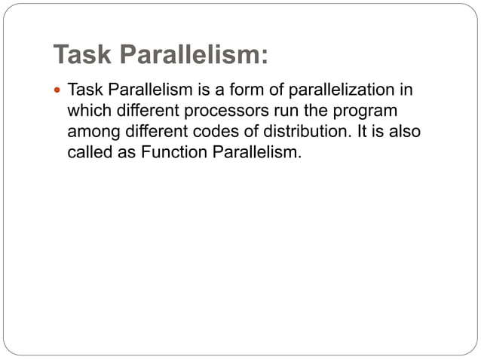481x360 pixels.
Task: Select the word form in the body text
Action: tap(260, 91)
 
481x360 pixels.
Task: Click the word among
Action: tap(92, 132)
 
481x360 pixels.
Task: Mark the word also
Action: tap(403, 132)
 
